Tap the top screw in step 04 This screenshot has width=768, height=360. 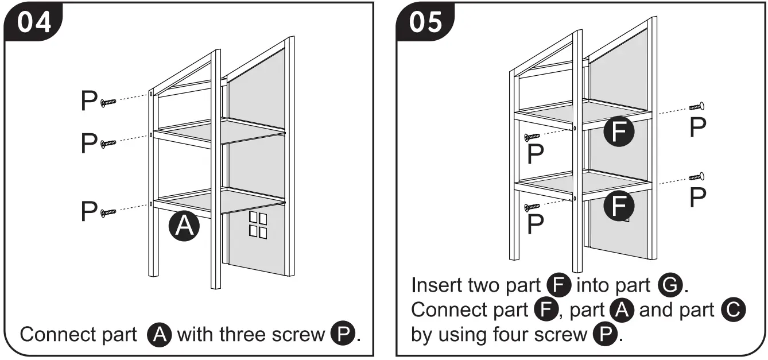coord(108,102)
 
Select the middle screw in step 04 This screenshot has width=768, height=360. coord(108,142)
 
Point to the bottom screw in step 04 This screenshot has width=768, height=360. coord(108,212)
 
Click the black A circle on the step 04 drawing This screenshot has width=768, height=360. coord(184,227)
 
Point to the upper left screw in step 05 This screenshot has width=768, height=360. coord(532,137)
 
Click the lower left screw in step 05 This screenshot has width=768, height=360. coord(532,206)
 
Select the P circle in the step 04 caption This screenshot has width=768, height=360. coord(343,334)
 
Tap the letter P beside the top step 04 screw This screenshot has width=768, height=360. coord(89,102)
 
